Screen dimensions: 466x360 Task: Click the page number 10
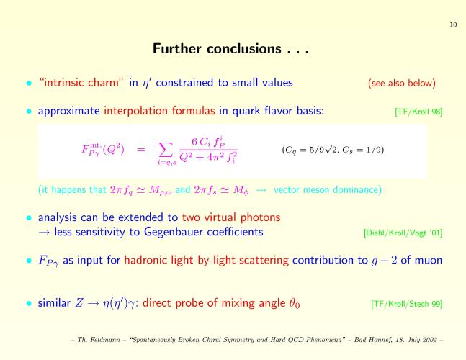453,24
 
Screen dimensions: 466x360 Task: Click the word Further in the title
177,48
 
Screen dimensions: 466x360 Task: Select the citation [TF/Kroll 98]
418,112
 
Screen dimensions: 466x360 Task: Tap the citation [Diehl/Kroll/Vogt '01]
403,233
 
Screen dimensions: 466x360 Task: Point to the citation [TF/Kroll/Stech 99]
406,304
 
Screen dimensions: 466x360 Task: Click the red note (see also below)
402,83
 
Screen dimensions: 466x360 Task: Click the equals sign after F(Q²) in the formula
141,150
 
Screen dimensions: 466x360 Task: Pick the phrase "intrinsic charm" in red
81,82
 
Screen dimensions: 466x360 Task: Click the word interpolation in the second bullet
136,111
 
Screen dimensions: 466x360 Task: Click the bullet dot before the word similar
29,303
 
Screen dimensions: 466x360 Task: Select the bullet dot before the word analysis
29,217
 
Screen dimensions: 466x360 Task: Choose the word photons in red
260,217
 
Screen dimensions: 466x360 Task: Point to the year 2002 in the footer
429,340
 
